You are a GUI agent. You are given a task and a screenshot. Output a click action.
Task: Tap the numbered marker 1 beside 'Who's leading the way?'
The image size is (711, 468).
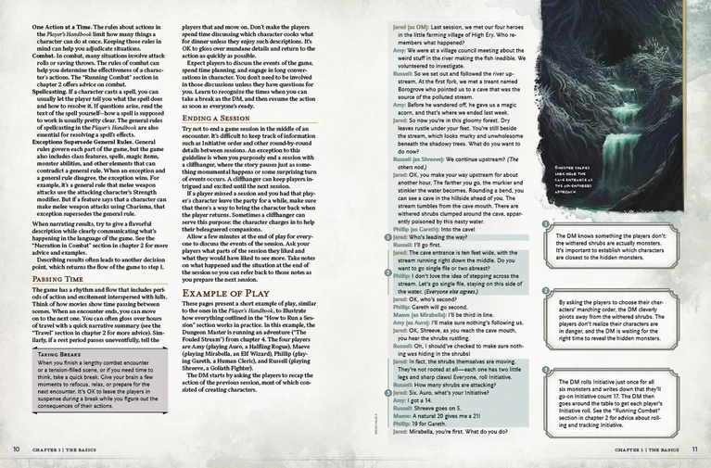pos(387,237)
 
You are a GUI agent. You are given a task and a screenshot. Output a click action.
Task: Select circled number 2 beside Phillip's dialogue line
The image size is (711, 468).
pos(387,275)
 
